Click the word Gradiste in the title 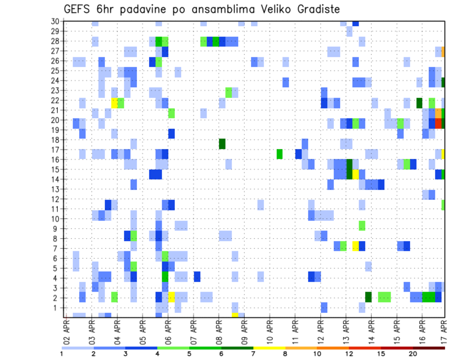[x=314, y=9]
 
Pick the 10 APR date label [x=269, y=332]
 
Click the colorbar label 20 [x=413, y=354]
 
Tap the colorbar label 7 [x=253, y=354]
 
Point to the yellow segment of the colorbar [x=269, y=348]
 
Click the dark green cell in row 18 [x=222, y=144]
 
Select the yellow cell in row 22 [x=115, y=103]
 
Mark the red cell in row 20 [x=438, y=123]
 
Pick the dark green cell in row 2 [x=368, y=297]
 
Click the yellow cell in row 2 [x=171, y=297]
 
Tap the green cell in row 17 [x=280, y=154]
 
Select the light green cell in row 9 [x=362, y=225]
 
